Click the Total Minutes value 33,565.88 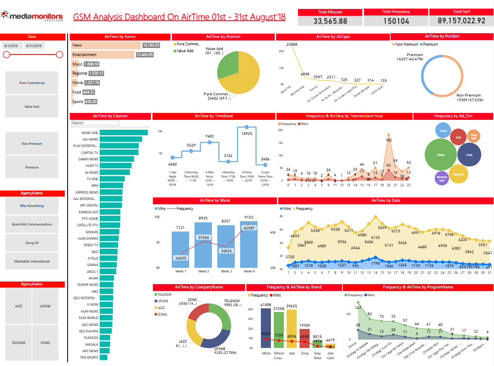pos(330,21)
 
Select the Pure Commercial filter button pos(32,83)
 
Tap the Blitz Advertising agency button pos(32,206)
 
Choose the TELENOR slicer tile pos(19,343)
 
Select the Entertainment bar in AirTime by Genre pos(103,55)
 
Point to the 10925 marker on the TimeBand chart pos(247,127)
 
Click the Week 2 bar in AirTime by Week pos(203,246)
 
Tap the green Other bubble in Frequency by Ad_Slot pos(441,155)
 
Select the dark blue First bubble pos(469,155)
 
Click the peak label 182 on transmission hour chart pos(388,140)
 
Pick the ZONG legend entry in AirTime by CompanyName pos(163,314)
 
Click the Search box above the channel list pos(95,123)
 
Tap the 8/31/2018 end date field pos(34,46)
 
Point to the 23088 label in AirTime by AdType pos(292,44)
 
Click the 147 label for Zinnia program pos(358,308)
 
